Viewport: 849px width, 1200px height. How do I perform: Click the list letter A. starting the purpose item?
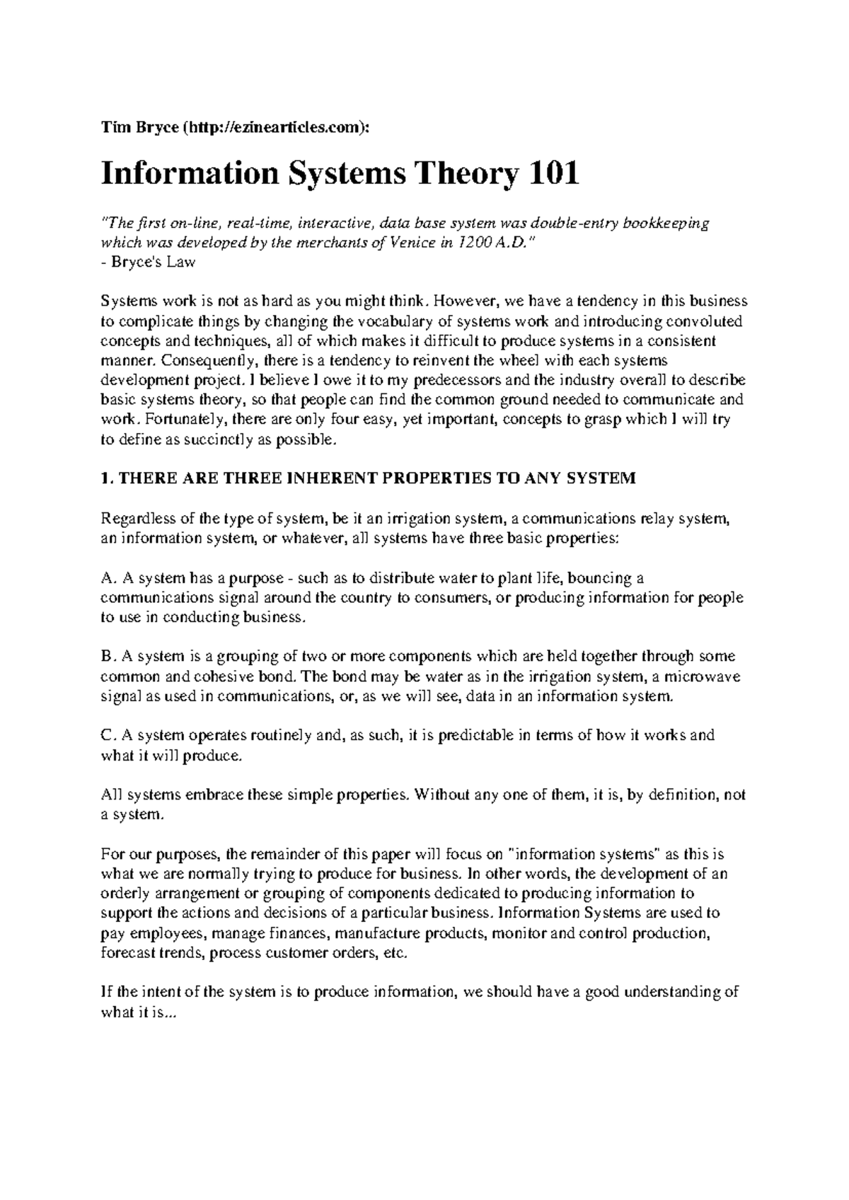point(108,578)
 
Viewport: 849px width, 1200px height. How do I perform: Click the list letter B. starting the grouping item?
point(108,657)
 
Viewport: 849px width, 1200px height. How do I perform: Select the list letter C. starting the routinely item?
point(108,735)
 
